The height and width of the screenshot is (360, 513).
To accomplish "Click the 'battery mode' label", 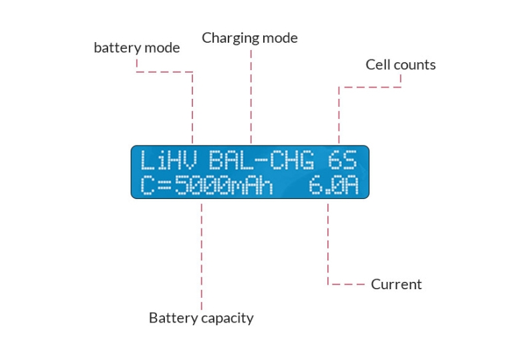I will point(136,48).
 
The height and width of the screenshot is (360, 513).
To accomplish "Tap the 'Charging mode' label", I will point(250,38).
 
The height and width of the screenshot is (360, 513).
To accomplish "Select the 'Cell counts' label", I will point(401,65).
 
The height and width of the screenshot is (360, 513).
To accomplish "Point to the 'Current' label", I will point(396,285).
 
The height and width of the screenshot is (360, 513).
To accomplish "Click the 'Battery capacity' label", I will point(201,318).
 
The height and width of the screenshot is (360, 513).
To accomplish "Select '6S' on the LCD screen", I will point(342,162).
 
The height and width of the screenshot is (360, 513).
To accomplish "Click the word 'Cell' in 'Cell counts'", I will point(379,65).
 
